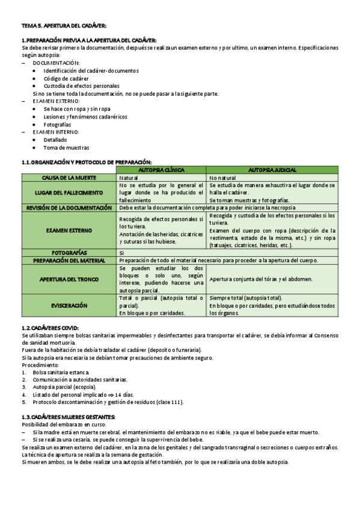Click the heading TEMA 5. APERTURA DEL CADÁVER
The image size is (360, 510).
pyautogui.click(x=64, y=26)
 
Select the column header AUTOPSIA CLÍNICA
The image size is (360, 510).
pyautogui.click(x=162, y=170)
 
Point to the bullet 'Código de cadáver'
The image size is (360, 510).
pyautogui.click(x=66, y=78)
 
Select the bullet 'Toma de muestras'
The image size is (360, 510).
pyautogui.click(x=66, y=147)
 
